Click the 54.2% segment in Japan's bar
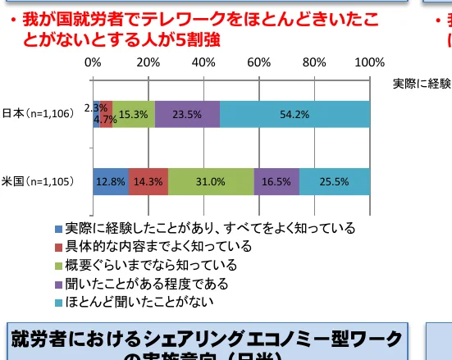coord(294,115)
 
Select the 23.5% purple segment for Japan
coord(187,115)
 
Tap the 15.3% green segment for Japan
coord(133,115)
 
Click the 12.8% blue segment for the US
coord(111,182)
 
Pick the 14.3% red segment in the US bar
coord(148,182)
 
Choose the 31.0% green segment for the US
coord(211,182)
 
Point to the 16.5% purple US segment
coord(276,182)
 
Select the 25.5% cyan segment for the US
coord(335,182)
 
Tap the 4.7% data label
coord(104,120)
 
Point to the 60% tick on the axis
coord(259,62)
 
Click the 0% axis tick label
coord(93,62)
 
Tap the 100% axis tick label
coord(370,62)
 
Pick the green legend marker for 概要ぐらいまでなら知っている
coord(58,266)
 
